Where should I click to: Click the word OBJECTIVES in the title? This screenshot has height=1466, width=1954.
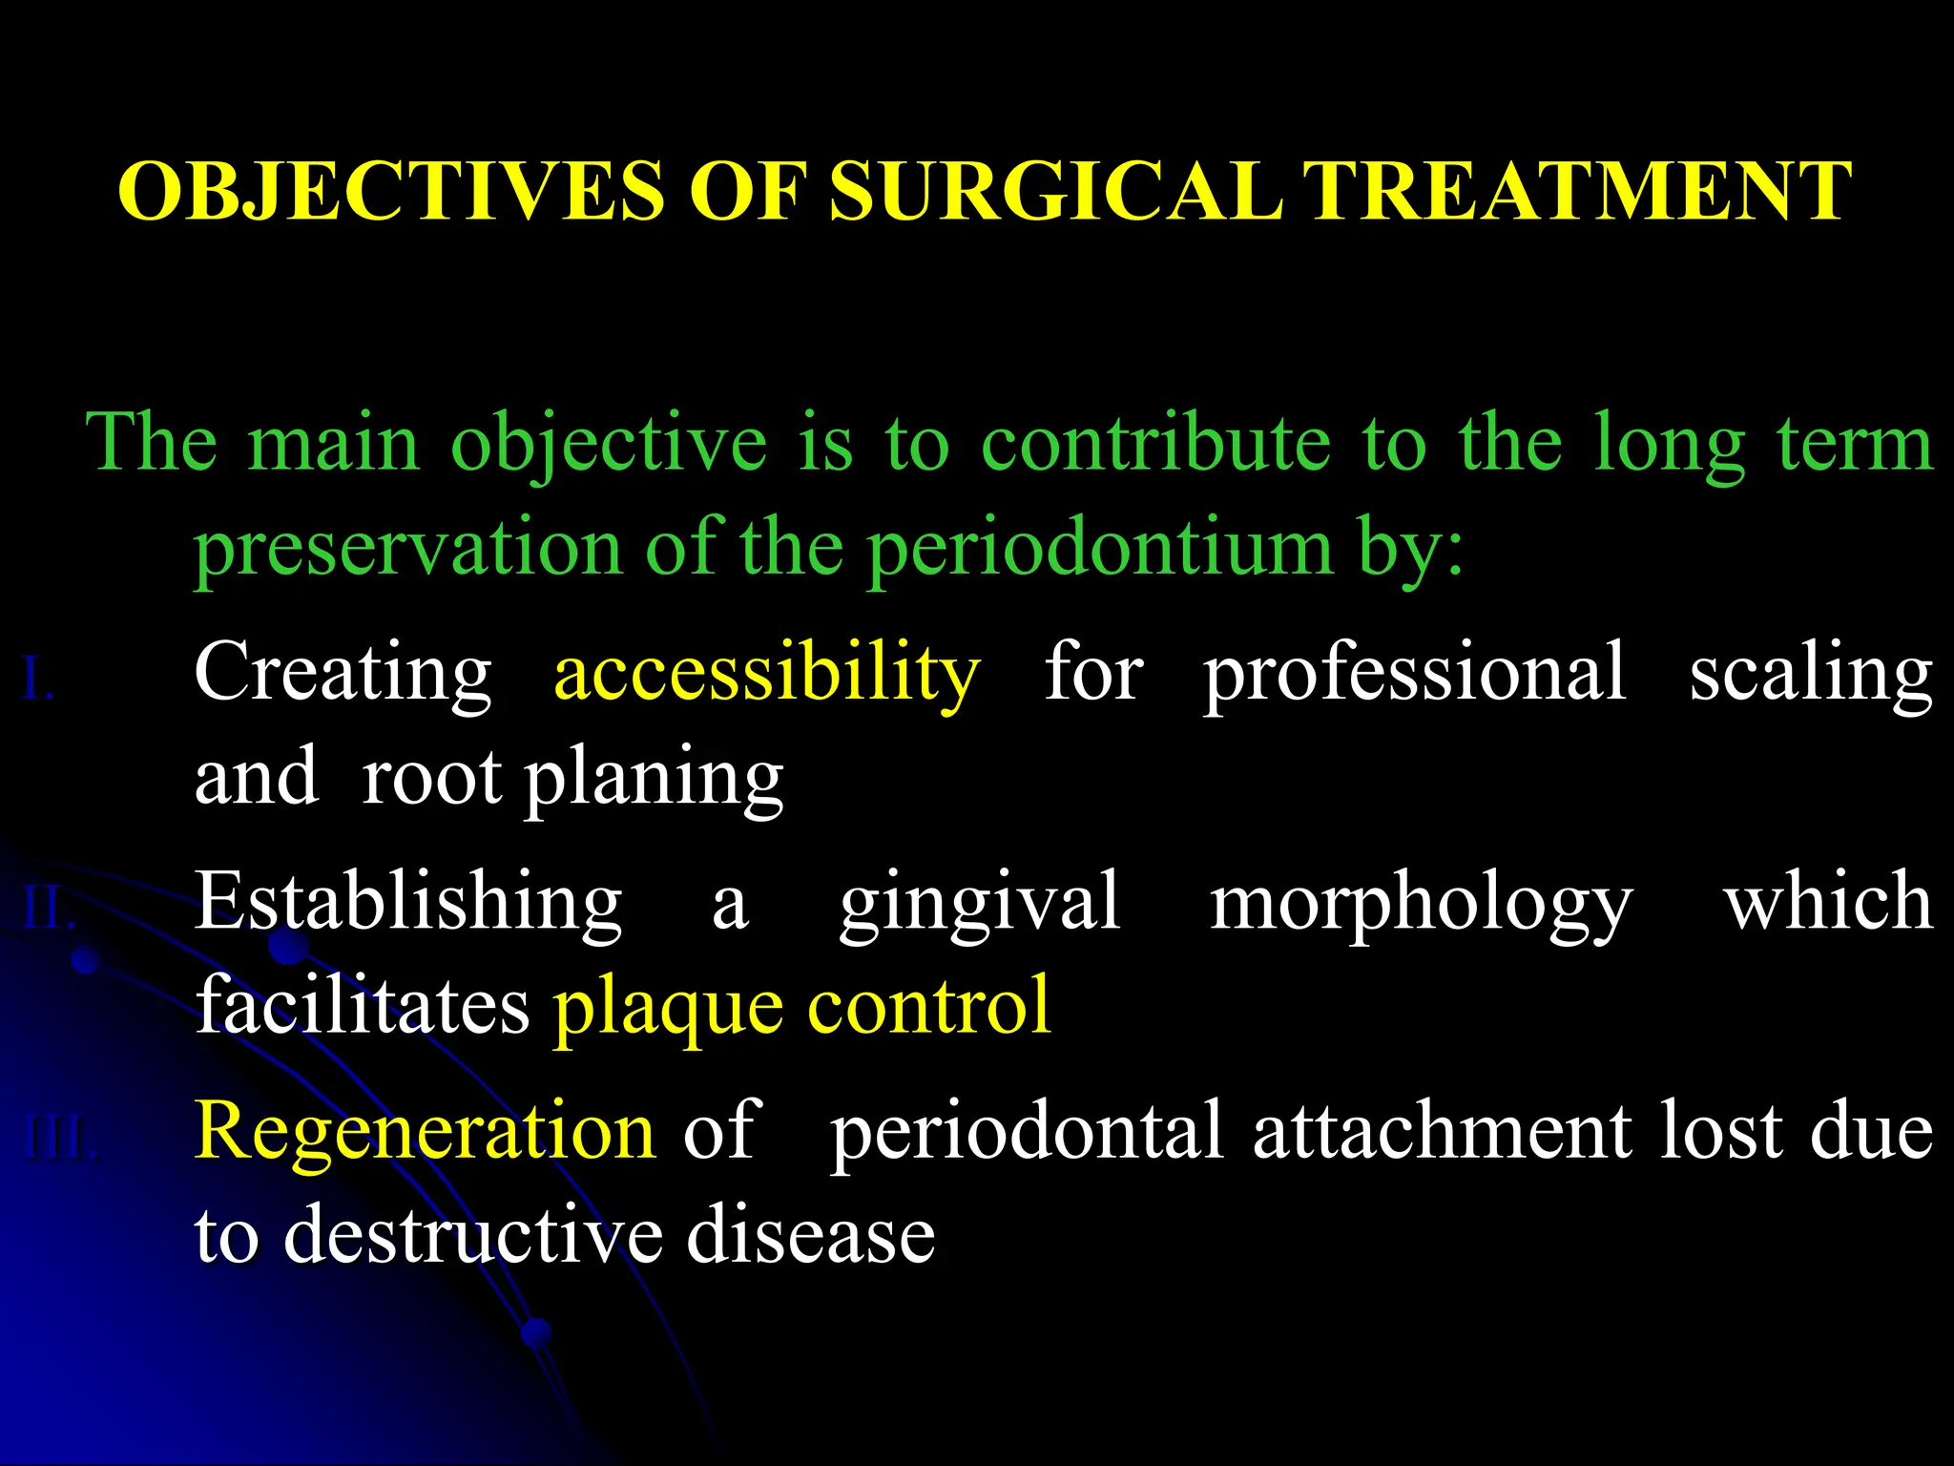tap(390, 192)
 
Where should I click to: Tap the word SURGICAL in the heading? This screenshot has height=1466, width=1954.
tap(1054, 192)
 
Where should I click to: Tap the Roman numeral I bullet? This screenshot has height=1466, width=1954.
tap(37, 681)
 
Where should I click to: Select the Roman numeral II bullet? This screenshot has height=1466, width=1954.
tap(49, 908)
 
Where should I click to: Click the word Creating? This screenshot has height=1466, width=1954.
tap(343, 674)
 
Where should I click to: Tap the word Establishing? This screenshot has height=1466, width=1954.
tap(408, 903)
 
